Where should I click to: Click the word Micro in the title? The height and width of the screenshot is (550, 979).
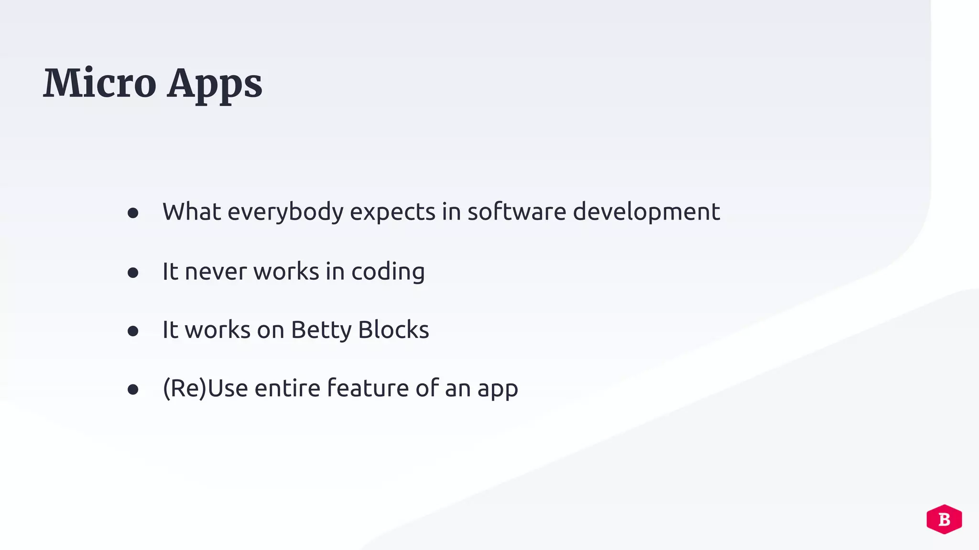pyautogui.click(x=99, y=83)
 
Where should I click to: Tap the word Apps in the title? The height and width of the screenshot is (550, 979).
pyautogui.click(x=215, y=85)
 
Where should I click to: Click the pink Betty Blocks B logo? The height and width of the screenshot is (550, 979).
pyautogui.click(x=944, y=519)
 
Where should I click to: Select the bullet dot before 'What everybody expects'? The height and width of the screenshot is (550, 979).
pyautogui.click(x=133, y=213)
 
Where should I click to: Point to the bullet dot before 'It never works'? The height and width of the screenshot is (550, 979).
pyautogui.click(x=133, y=273)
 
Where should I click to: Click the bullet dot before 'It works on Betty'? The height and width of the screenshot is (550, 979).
pyautogui.click(x=133, y=331)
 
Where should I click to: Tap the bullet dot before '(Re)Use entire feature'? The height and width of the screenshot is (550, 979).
pyautogui.click(x=133, y=390)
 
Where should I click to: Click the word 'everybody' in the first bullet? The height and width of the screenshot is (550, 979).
pyautogui.click(x=285, y=212)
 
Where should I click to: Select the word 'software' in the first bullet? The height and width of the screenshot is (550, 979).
pyautogui.click(x=517, y=212)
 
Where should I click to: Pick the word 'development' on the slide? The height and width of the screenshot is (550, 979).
pyautogui.click(x=646, y=212)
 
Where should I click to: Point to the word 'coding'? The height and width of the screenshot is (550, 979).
pyautogui.click(x=388, y=272)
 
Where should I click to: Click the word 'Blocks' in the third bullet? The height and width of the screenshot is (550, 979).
pyautogui.click(x=393, y=329)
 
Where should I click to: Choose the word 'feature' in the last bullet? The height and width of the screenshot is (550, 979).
pyautogui.click(x=368, y=388)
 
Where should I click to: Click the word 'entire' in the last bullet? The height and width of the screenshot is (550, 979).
pyautogui.click(x=287, y=388)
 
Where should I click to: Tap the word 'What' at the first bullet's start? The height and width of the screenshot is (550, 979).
pyautogui.click(x=192, y=212)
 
